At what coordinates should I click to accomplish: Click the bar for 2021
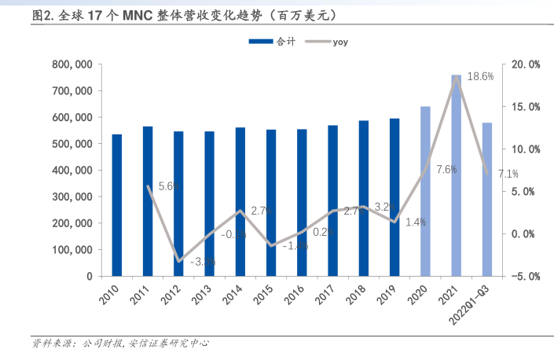(x=456, y=176)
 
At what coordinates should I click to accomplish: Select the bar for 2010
(x=117, y=205)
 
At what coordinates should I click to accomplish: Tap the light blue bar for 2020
(x=425, y=192)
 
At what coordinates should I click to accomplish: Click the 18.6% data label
(x=480, y=77)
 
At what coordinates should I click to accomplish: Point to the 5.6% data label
(x=170, y=186)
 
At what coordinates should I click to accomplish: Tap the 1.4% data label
(x=416, y=222)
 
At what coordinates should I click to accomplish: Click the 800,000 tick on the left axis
(x=72, y=64)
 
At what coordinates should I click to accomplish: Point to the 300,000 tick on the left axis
(x=72, y=197)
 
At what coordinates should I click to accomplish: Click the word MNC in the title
(x=138, y=15)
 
